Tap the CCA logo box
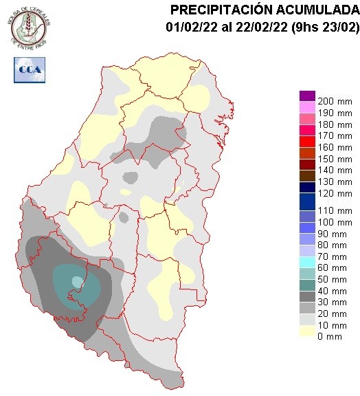point(28,69)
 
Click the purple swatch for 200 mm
point(307,96)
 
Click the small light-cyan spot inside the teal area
point(77,280)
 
